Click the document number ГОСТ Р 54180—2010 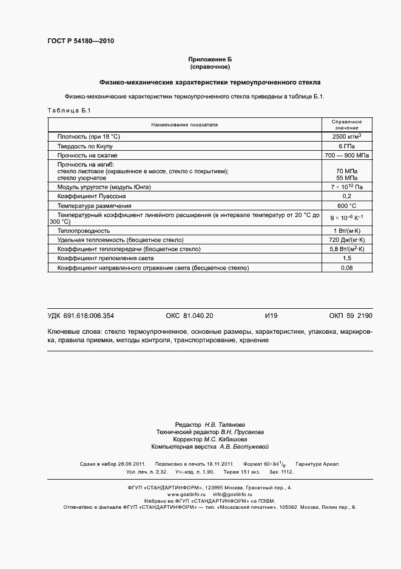click(x=80, y=41)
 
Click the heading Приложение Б click(x=210, y=59)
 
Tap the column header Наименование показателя click(x=184, y=125)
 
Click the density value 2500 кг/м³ click(x=347, y=137)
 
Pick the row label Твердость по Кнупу click(x=85, y=147)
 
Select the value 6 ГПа click(x=347, y=147)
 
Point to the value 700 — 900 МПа click(x=347, y=156)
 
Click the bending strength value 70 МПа click(x=347, y=171)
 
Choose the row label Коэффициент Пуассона click(x=92, y=196)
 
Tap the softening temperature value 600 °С click(x=347, y=205)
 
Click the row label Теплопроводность click(x=84, y=231)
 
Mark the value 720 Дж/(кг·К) click(x=347, y=240)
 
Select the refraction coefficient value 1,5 click(x=347, y=258)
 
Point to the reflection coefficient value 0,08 click(x=347, y=267)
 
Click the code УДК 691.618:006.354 click(x=81, y=316)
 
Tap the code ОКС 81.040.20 click(x=189, y=316)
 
